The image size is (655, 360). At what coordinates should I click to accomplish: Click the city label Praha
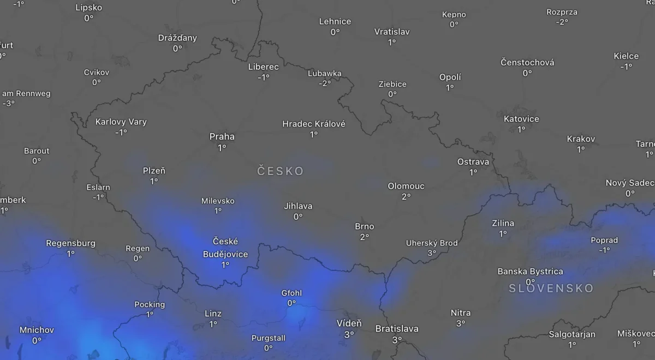[x=222, y=136]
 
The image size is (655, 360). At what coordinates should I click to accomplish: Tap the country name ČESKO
[x=281, y=171]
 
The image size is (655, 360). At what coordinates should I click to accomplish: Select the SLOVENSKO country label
[x=551, y=288]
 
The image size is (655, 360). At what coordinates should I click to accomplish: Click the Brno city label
[x=365, y=226]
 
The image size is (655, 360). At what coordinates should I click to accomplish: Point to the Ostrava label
[x=473, y=161]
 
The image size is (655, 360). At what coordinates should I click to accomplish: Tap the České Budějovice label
[x=225, y=248]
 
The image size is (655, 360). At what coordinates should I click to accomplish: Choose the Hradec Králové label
[x=314, y=124]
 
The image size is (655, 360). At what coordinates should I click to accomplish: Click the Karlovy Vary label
[x=121, y=122]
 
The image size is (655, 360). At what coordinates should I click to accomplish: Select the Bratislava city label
[x=397, y=328]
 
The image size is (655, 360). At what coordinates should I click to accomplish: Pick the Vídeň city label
[x=349, y=323]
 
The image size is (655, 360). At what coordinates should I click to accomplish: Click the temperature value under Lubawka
[x=325, y=83]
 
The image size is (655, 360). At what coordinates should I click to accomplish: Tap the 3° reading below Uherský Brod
[x=432, y=253]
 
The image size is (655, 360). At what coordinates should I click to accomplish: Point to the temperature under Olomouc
[x=406, y=196]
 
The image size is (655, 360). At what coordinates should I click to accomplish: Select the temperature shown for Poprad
[x=604, y=250]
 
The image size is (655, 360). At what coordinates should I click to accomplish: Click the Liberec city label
[x=263, y=67]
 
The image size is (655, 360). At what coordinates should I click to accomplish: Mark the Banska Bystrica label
[x=530, y=271]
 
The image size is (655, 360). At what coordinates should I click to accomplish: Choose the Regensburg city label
[x=71, y=243]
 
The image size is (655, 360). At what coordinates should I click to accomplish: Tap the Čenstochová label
[x=527, y=62]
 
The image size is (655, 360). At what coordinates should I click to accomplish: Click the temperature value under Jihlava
[x=298, y=217]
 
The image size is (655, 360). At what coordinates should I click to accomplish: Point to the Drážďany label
[x=177, y=38]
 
